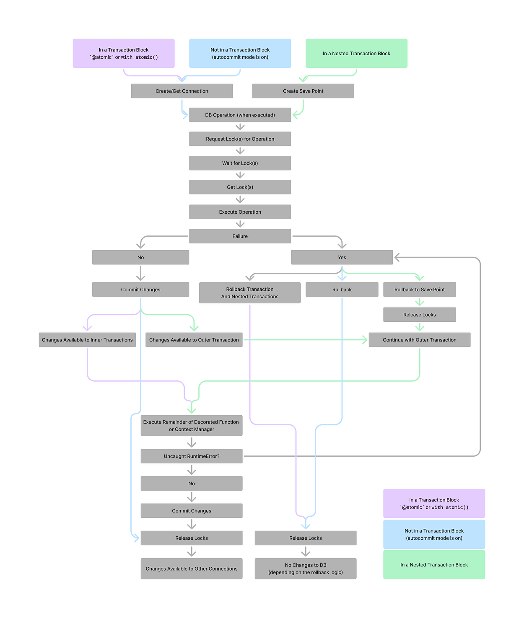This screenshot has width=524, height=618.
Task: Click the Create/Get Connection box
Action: [182, 91]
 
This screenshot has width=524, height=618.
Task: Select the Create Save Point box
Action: [303, 91]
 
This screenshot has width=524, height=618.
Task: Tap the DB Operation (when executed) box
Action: [240, 115]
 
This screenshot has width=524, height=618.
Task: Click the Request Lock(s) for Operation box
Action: [240, 139]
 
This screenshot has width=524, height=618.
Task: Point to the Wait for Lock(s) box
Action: [240, 163]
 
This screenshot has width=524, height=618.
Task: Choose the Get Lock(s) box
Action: [240, 187]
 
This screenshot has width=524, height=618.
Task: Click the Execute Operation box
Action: [240, 212]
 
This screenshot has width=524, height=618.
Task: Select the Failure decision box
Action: [240, 236]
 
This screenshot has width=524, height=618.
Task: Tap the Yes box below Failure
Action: [342, 257]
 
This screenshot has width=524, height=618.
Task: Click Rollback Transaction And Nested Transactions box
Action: [249, 292]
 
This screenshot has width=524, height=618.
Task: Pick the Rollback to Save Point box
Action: [419, 290]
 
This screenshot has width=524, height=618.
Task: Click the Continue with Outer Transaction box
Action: [419, 340]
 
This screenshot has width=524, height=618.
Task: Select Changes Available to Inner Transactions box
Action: [87, 340]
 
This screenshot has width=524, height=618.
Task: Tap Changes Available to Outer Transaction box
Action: [194, 340]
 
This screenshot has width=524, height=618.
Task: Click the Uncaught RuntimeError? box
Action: [192, 456]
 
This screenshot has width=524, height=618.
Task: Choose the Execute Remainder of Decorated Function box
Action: [192, 425]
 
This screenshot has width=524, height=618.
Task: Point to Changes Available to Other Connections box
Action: [192, 569]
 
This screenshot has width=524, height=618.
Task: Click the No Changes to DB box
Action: [305, 569]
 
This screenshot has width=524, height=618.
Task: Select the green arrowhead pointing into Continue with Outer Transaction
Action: [365, 340]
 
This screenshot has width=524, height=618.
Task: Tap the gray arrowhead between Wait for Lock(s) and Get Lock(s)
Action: [240, 175]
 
